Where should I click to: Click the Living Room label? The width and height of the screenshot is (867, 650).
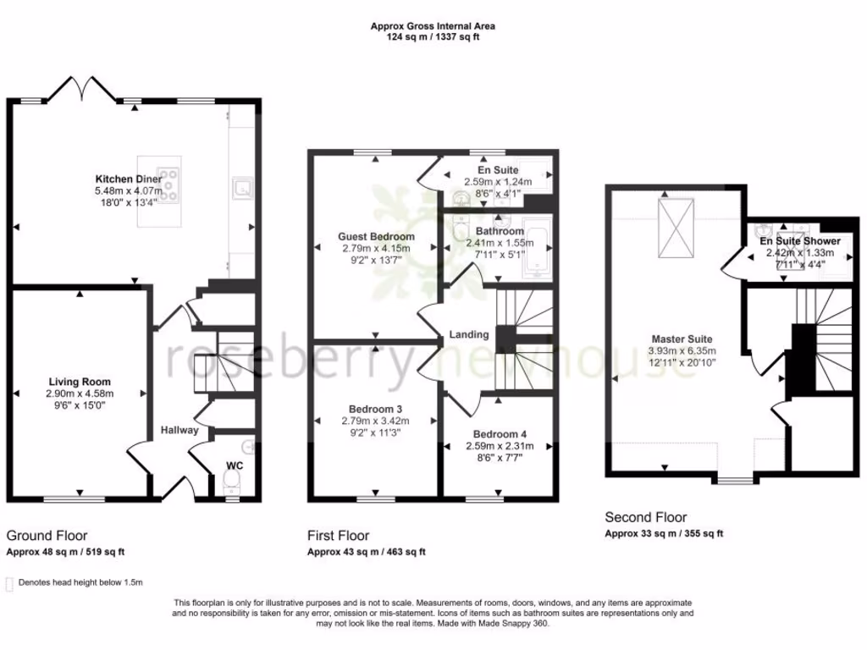(80, 382)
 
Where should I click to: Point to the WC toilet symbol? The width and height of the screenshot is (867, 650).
(232, 482)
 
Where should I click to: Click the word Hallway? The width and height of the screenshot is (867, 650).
(179, 430)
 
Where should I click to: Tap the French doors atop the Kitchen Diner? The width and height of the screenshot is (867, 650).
(81, 87)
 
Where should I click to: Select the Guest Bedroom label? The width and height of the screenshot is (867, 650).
(376, 236)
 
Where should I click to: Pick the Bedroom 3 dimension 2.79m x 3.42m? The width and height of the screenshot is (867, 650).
(376, 421)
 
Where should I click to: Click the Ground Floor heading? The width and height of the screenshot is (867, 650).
(47, 535)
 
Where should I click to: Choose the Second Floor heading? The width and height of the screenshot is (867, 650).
(645, 517)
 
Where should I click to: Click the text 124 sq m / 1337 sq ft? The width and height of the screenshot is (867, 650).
(433, 37)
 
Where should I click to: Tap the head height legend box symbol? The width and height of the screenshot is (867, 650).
(9, 583)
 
